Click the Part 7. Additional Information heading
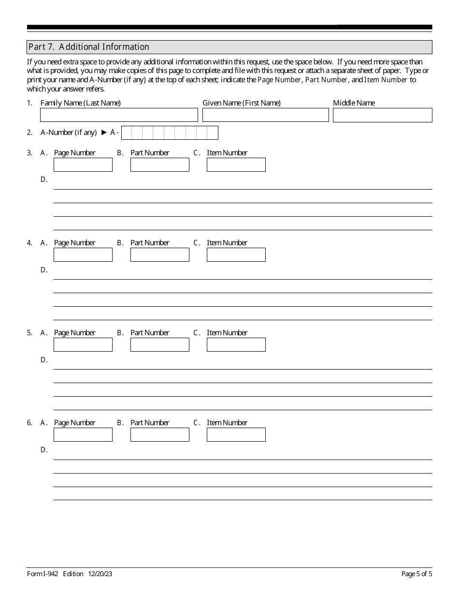pyautogui.click(x=89, y=47)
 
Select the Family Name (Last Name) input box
pyautogui.click(x=119, y=115)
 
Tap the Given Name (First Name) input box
pyautogui.click(x=265, y=115)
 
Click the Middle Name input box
pyautogui.click(x=382, y=115)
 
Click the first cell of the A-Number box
pyautogui.click(x=126, y=133)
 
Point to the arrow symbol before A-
pyautogui.click(x=104, y=133)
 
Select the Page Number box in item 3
pyautogui.click(x=83, y=165)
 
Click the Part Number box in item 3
pyautogui.click(x=159, y=165)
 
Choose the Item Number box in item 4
pyautogui.click(x=236, y=255)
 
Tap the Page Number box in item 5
pyautogui.click(x=83, y=345)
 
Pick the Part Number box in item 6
pyautogui.click(x=159, y=435)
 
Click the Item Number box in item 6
pyautogui.click(x=236, y=435)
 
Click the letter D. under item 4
pyautogui.click(x=44, y=270)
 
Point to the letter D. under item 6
pyautogui.click(x=44, y=450)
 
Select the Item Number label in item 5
pyautogui.click(x=227, y=333)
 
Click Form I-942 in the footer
pyautogui.click(x=43, y=574)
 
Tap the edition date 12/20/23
pyautogui.click(x=100, y=574)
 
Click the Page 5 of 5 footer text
pyautogui.click(x=416, y=574)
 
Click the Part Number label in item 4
pyautogui.click(x=150, y=243)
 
